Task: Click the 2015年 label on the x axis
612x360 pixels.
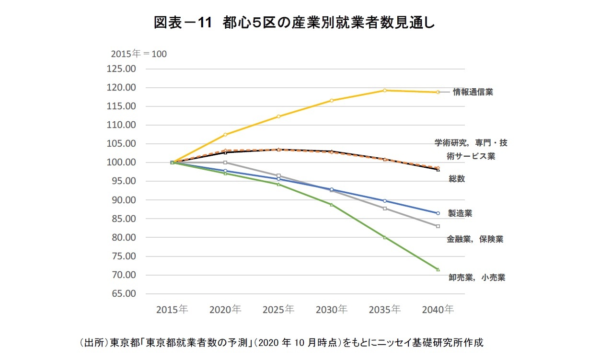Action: click(x=172, y=310)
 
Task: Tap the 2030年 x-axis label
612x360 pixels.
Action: click(x=331, y=310)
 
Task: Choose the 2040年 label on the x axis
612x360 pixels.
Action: click(x=438, y=310)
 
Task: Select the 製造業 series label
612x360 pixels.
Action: click(x=460, y=213)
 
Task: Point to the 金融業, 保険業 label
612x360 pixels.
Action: click(x=475, y=239)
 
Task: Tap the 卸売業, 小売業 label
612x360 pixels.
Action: click(x=476, y=277)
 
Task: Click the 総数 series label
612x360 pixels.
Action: click(x=457, y=179)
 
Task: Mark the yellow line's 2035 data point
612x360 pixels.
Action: click(x=384, y=90)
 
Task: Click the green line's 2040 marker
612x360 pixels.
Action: click(x=438, y=269)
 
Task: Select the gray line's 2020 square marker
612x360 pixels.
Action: click(x=225, y=163)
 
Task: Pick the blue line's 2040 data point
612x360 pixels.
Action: click(x=438, y=213)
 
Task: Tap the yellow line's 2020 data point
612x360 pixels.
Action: click(x=225, y=135)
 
